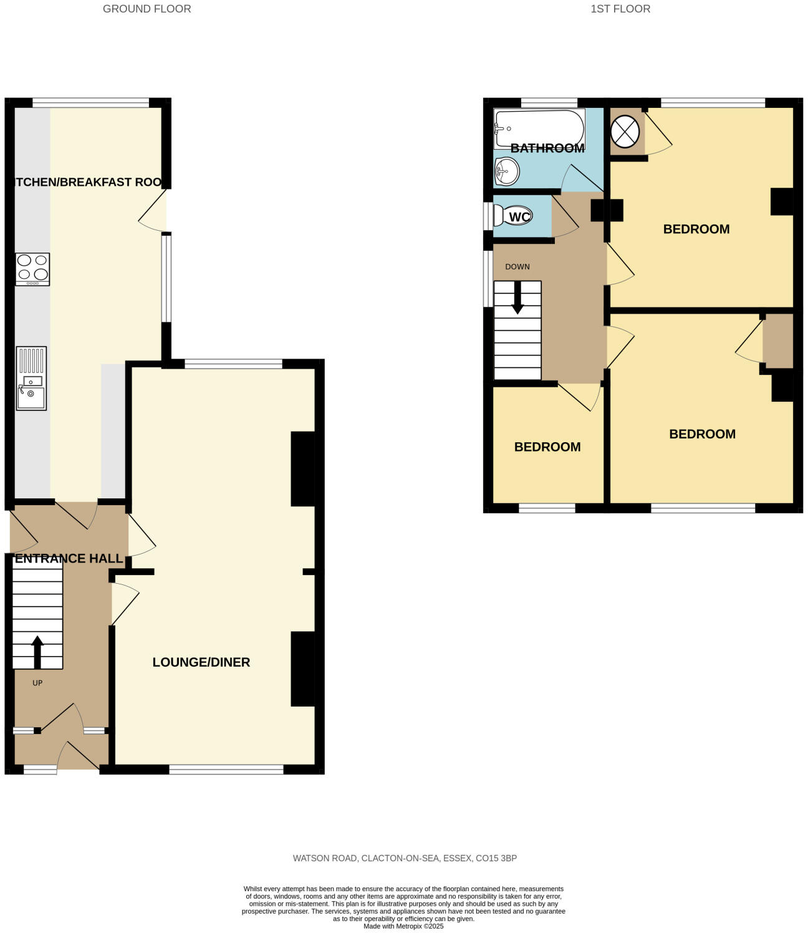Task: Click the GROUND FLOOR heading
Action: click(x=147, y=9)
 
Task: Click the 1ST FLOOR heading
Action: click(x=620, y=9)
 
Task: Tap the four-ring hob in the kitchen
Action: click(x=32, y=269)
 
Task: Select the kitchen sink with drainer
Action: click(x=31, y=378)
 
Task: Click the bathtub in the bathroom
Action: click(x=539, y=128)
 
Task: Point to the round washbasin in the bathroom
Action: click(x=507, y=170)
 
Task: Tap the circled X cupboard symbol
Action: click(x=625, y=132)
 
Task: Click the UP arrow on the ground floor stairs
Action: click(x=37, y=651)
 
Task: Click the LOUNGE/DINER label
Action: click(x=201, y=662)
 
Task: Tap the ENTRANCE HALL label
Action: click(x=69, y=558)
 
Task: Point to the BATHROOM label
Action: click(x=547, y=148)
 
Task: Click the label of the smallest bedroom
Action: click(x=547, y=447)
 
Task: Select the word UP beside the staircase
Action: click(x=37, y=683)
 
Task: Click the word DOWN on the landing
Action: click(x=517, y=266)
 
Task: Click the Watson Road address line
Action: click(x=404, y=858)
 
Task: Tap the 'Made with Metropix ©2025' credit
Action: click(x=403, y=926)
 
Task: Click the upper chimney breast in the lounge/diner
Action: click(x=303, y=469)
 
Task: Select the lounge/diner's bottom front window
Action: click(x=226, y=770)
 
